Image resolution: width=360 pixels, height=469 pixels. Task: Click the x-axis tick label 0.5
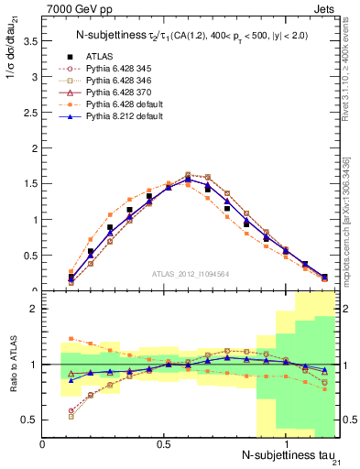(x=164, y=444)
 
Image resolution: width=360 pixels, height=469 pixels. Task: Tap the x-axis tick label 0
(x=43, y=444)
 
